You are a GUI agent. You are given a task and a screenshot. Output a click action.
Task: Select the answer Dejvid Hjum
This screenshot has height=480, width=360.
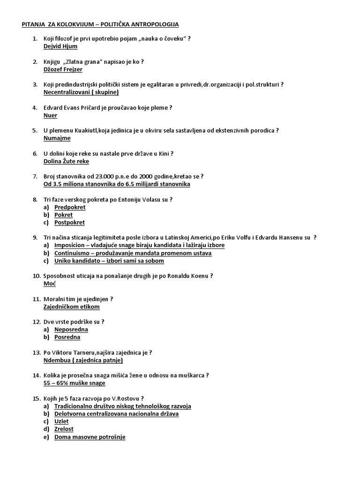pyautogui.click(x=60, y=46)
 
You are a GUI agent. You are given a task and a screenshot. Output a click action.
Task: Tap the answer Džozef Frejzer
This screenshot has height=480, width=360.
pyautogui.click(x=62, y=69)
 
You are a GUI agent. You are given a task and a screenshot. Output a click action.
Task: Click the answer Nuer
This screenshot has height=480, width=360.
pyautogui.click(x=50, y=115)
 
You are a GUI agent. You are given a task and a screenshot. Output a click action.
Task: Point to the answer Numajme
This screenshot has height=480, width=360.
pyautogui.click(x=57, y=138)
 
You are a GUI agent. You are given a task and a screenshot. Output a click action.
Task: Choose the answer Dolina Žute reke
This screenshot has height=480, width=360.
pyautogui.click(x=66, y=161)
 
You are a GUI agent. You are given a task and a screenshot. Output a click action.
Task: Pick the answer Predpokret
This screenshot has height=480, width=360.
pyautogui.click(x=70, y=207)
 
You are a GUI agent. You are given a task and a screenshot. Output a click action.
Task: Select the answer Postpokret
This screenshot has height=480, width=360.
pyautogui.click(x=69, y=223)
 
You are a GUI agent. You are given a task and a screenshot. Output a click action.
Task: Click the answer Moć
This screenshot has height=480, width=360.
pyautogui.click(x=49, y=284)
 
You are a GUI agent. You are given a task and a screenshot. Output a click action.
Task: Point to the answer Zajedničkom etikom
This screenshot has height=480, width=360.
pyautogui.click(x=71, y=307)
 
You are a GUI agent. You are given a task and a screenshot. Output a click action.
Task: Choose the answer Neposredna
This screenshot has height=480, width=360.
pyautogui.click(x=71, y=330)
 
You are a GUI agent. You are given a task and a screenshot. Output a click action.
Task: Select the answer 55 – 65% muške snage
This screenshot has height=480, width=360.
pyautogui.click(x=74, y=383)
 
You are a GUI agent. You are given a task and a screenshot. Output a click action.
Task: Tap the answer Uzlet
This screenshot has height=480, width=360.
pyautogui.click(x=61, y=421)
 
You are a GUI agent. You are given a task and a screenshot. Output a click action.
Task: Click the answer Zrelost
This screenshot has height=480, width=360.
pyautogui.click(x=64, y=429)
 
